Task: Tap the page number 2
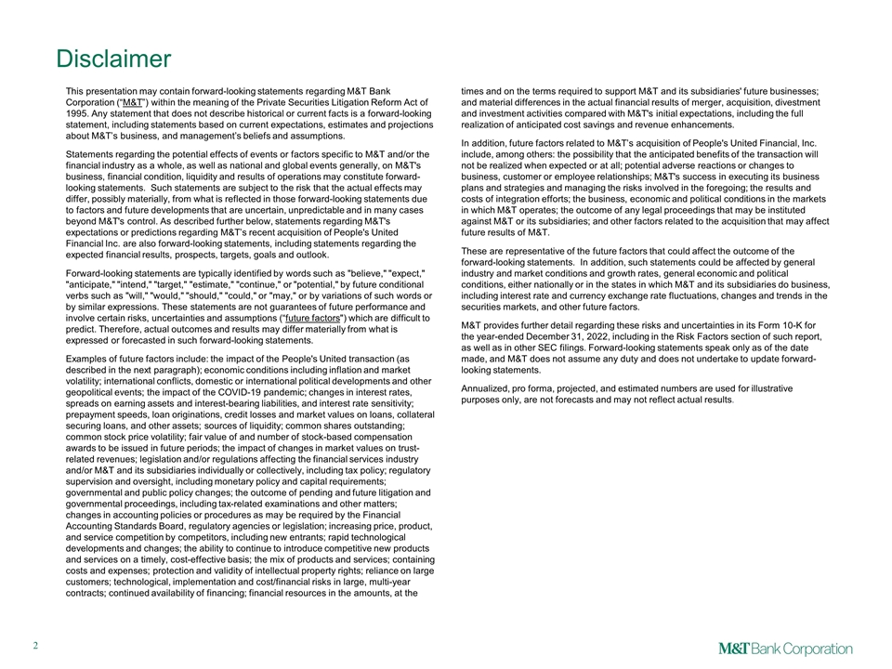tap(33, 649)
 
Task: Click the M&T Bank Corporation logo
tap(785, 649)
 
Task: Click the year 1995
tap(81, 113)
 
